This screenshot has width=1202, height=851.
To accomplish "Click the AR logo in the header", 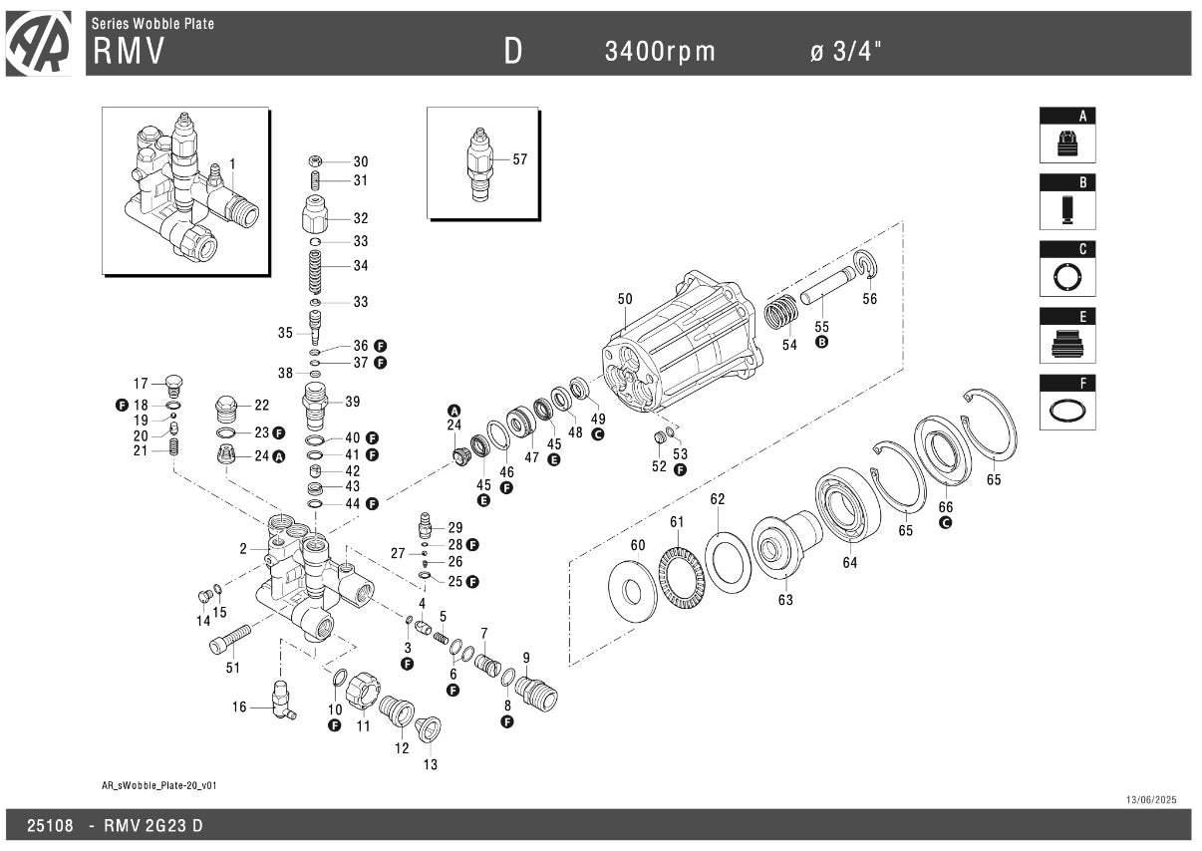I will [x=38, y=43].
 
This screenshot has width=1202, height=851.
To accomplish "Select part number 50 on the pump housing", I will [x=625, y=299].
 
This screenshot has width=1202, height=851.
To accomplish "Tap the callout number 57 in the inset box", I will [x=519, y=159].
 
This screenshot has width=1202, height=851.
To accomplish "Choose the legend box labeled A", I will [x=1067, y=136].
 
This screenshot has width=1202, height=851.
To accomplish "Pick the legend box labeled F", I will [x=1067, y=402].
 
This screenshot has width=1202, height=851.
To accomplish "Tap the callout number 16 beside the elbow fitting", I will [x=239, y=708].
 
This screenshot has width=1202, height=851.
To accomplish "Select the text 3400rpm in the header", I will [x=660, y=52].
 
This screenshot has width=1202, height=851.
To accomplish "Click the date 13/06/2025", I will [x=1151, y=800].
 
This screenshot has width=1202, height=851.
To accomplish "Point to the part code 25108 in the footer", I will [x=50, y=826].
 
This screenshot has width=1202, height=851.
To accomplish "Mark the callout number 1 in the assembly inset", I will [x=232, y=163].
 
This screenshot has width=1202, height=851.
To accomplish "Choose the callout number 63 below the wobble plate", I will [x=785, y=601].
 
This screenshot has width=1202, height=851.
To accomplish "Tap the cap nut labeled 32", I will [x=315, y=214].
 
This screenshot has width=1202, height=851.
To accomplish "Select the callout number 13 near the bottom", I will [x=430, y=765].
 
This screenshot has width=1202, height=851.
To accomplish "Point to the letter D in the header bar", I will [x=512, y=52].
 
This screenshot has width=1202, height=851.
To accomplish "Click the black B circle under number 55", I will [x=822, y=343].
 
